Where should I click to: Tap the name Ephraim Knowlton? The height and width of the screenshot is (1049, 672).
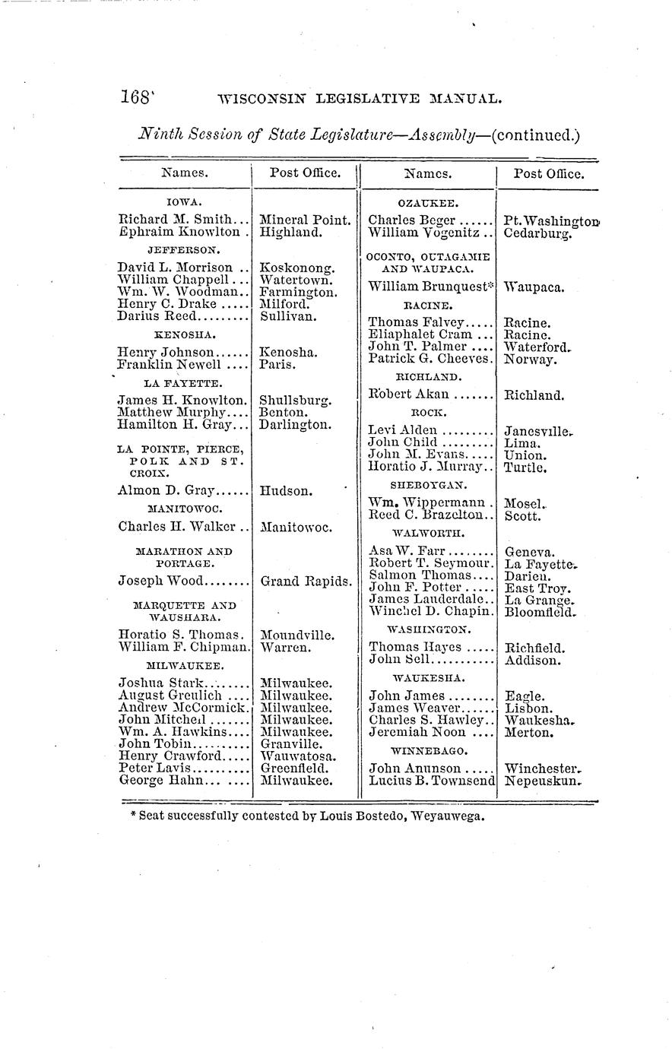click(x=179, y=233)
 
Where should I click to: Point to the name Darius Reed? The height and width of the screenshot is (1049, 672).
click(x=157, y=315)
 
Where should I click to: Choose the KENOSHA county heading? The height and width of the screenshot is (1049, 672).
click(x=185, y=334)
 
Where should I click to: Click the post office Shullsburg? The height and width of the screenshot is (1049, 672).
click(x=295, y=400)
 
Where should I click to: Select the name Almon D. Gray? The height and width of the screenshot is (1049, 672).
click(x=166, y=490)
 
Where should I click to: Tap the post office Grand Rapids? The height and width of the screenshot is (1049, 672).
click(x=306, y=582)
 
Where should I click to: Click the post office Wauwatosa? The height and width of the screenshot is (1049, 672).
click(x=296, y=756)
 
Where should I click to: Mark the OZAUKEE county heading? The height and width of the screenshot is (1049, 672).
click(x=427, y=203)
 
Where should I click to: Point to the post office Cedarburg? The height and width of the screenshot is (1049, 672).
click(x=538, y=233)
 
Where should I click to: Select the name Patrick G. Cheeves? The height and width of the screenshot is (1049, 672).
click(x=430, y=359)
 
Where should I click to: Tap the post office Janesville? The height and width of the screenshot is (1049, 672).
click(x=537, y=431)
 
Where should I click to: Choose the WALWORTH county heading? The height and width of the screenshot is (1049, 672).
click(x=428, y=534)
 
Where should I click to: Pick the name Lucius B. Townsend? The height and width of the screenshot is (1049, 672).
click(x=432, y=781)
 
